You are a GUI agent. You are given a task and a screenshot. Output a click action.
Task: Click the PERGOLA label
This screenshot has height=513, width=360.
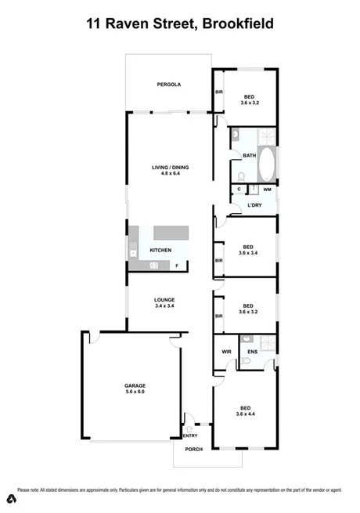(168, 84)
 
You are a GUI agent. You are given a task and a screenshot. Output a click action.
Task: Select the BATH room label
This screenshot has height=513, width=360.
(250, 155)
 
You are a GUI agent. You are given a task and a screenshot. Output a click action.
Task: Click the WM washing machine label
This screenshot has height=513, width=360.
(267, 190)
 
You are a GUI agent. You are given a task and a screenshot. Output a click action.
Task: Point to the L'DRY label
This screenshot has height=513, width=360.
(254, 205)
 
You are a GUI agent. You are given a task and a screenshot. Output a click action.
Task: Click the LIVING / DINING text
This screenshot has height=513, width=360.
(171, 167)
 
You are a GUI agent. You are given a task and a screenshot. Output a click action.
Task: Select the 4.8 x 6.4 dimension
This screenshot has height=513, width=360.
(171, 173)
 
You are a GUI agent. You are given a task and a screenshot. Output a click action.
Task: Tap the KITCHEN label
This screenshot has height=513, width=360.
(160, 250)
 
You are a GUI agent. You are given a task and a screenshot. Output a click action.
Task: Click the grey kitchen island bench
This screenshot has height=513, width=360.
(171, 233)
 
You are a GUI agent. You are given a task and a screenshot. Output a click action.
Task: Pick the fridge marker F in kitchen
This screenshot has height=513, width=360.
(176, 266)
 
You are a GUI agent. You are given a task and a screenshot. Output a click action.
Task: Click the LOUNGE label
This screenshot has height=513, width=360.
(164, 300)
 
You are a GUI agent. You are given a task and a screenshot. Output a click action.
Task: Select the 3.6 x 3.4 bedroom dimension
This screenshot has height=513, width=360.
(248, 252)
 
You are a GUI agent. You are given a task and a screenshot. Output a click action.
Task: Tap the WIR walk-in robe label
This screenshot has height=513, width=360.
(225, 352)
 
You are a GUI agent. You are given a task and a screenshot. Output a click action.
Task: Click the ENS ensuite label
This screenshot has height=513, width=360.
(252, 352)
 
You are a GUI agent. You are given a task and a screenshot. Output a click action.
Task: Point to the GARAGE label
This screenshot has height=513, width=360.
(135, 385)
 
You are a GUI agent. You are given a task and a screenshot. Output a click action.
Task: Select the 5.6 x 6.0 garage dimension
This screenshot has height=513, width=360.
(135, 392)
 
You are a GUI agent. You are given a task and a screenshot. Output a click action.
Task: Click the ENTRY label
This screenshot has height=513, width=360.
(190, 435)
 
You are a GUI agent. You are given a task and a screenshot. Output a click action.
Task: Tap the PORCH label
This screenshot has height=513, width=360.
(193, 449)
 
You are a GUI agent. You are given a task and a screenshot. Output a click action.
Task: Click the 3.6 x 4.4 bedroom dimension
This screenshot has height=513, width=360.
(246, 414)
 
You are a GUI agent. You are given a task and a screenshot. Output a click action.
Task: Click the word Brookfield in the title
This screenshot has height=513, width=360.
(237, 23)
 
